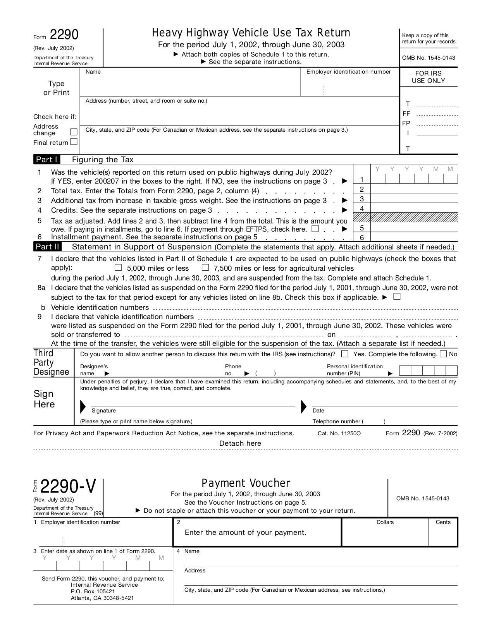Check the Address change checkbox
(x=74, y=132)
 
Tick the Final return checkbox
(x=74, y=142)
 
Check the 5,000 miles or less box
(x=118, y=268)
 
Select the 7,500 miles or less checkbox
(x=205, y=268)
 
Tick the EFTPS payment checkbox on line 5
(x=315, y=228)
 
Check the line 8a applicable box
(x=396, y=297)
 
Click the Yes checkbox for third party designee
(x=345, y=354)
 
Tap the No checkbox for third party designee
(x=444, y=354)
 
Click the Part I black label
(x=47, y=160)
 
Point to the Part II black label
(x=48, y=247)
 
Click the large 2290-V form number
(x=68, y=486)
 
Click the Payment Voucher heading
(x=246, y=483)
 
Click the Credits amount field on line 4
(x=414, y=208)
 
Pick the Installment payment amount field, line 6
(x=414, y=237)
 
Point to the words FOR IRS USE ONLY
(x=428, y=77)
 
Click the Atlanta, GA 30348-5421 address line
(x=102, y=598)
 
